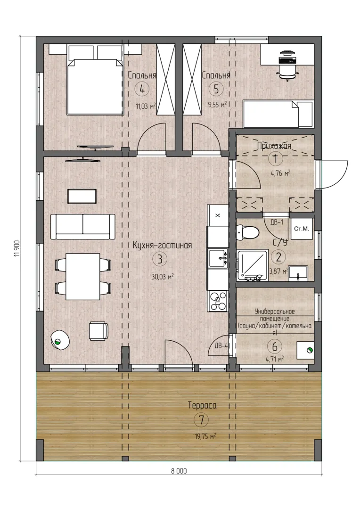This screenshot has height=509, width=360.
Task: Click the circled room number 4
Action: point(142,89)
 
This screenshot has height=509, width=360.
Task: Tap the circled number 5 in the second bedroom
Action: point(216,89)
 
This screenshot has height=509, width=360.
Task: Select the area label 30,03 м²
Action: point(162,277)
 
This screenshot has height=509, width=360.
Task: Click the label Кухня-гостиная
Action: point(162,246)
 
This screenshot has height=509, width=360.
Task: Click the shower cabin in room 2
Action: point(252,265)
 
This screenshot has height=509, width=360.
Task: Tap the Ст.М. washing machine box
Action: point(302,229)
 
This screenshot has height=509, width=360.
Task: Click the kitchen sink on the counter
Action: point(218,258)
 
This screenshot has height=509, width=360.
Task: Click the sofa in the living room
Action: point(83,226)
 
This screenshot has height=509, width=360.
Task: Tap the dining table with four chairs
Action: point(83,277)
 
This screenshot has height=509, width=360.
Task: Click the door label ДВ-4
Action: point(221,346)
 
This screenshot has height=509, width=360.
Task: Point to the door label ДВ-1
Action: point(277,222)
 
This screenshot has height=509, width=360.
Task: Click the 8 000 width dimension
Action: point(179,471)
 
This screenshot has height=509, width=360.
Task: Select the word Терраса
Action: point(202,405)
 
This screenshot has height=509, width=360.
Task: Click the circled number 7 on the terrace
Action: point(201,420)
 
